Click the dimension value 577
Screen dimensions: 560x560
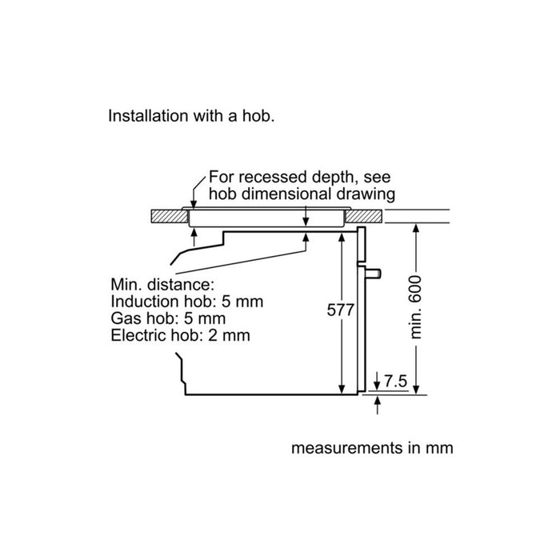(x=340, y=310)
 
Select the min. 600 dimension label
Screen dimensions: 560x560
(x=416, y=306)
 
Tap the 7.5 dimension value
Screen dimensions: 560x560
(x=395, y=381)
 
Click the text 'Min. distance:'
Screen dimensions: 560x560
(x=162, y=284)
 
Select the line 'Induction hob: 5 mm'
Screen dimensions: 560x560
(x=186, y=302)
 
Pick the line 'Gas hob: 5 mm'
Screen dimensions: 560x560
(x=168, y=318)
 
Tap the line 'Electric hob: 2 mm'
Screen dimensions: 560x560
(x=180, y=335)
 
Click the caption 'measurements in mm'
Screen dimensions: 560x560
(x=372, y=448)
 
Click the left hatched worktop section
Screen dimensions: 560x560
(x=170, y=216)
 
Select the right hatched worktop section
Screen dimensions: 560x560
(x=363, y=216)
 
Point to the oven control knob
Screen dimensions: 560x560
(x=373, y=274)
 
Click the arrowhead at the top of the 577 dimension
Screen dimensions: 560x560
(x=342, y=237)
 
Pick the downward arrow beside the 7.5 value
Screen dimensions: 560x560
(x=377, y=381)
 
